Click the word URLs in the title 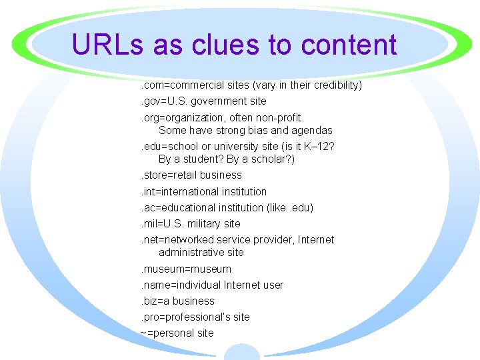coord(108,45)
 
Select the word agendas coord(311,131)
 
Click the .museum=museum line coord(185,269)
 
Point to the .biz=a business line coord(177,301)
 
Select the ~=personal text coord(169,333)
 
